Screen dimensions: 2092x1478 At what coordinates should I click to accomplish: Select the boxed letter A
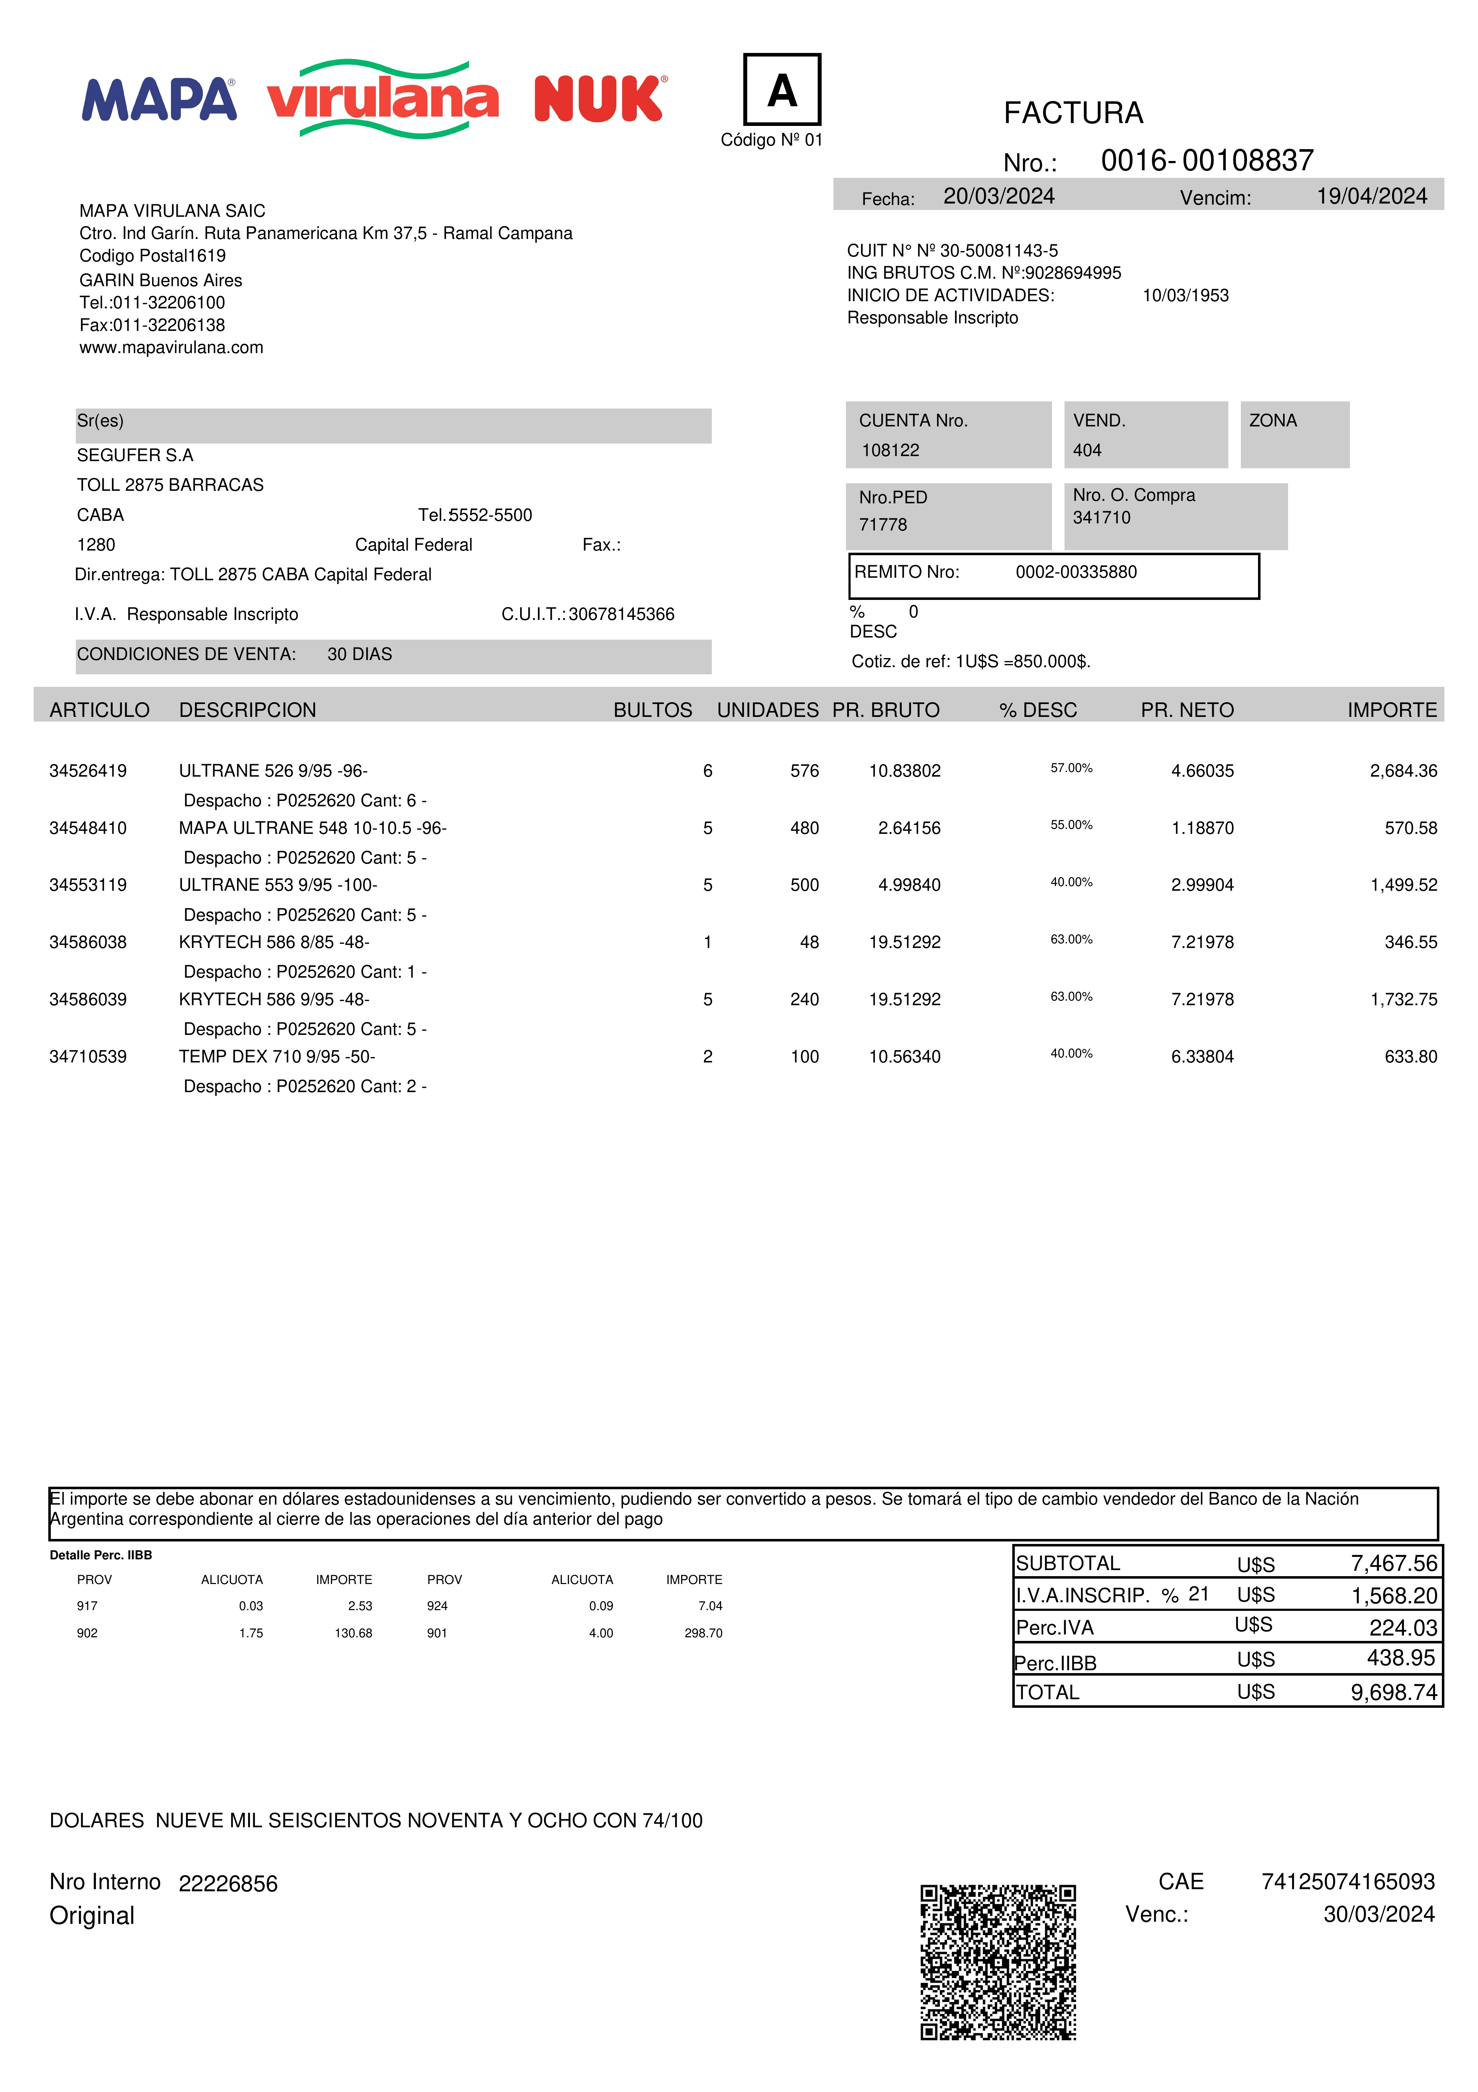782,89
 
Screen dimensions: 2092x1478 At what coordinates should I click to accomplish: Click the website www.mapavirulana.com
171,347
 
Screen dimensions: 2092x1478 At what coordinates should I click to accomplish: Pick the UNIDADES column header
767,710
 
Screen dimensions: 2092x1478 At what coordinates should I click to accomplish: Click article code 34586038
88,942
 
